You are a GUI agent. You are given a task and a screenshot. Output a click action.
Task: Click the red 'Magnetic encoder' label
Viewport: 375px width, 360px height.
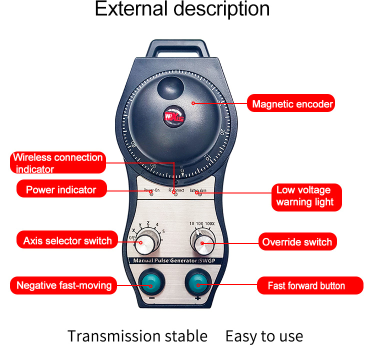pos(292,104)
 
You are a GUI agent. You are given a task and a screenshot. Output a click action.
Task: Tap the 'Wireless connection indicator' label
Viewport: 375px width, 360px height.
pos(58,163)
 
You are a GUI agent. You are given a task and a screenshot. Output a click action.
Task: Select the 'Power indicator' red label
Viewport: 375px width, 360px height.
pos(61,189)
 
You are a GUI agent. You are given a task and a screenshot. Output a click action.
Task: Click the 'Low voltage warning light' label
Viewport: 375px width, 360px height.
pos(304,196)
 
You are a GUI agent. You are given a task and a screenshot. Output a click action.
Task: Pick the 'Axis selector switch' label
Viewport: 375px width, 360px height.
pos(67,241)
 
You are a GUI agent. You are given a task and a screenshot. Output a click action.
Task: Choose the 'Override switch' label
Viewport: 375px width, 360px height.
pos(297,242)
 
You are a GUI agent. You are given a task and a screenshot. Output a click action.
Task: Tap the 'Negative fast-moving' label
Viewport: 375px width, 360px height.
pos(63,285)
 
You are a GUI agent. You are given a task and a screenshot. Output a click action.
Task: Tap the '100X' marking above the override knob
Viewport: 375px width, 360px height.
pos(210,223)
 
